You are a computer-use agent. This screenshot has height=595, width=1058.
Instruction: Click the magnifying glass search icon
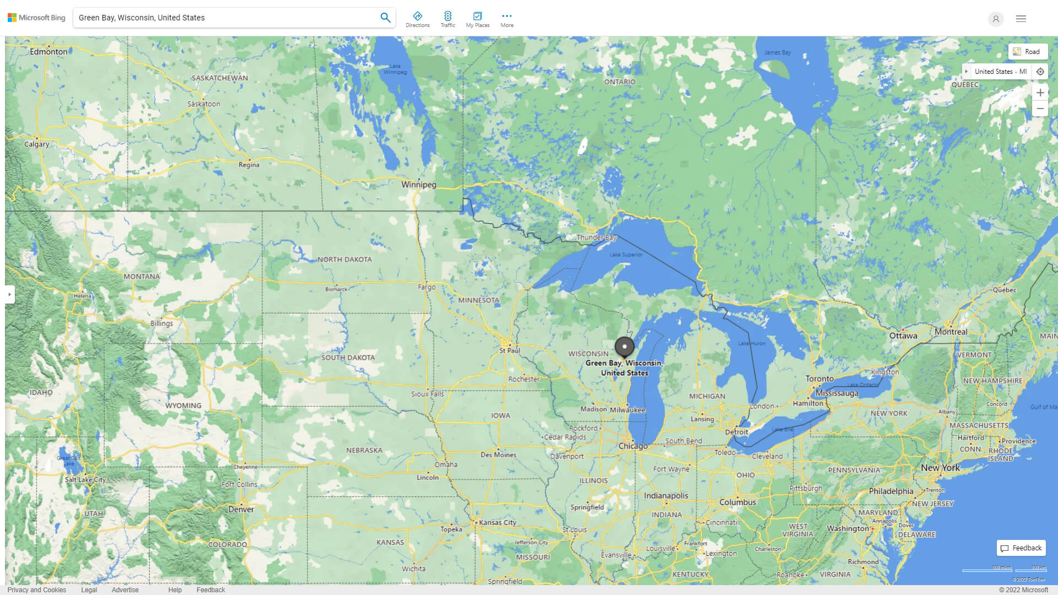385,18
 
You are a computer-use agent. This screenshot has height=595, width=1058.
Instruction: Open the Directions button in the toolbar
418,19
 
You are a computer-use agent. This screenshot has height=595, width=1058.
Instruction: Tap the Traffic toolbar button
448,19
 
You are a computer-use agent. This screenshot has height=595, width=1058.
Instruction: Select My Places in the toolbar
477,19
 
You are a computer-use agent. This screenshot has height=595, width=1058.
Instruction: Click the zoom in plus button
1040,93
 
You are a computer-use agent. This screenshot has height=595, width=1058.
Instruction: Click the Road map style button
1028,52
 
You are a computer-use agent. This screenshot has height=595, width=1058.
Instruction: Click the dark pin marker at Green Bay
624,347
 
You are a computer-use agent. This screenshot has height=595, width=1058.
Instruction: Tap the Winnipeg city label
419,185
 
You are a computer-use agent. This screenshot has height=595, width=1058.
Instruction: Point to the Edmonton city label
48,51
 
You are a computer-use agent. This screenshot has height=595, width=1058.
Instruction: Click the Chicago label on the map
633,446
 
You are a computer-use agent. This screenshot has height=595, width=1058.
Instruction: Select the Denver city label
241,510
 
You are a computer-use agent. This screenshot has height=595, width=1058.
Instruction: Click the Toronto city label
819,379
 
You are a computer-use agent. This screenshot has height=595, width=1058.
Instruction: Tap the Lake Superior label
626,255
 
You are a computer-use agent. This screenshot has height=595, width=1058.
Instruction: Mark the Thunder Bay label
596,237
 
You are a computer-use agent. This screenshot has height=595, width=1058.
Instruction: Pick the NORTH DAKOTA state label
344,259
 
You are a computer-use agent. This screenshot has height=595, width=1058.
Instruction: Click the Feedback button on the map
1021,548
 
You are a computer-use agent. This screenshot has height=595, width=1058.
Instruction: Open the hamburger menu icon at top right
1021,19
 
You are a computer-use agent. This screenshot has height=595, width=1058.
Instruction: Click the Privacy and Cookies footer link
37,589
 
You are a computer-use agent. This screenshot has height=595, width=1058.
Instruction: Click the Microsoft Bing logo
36,18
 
